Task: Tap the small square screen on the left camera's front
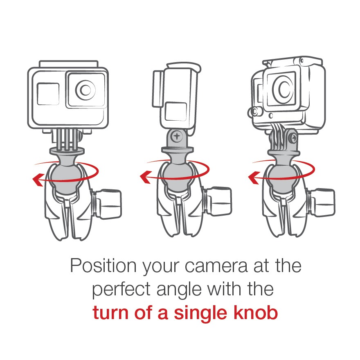(48, 94)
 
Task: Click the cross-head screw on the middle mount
(177, 136)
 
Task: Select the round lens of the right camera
(283, 88)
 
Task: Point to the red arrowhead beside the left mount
(38, 180)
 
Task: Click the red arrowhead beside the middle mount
(145, 177)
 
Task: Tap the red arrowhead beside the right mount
(254, 178)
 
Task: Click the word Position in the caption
(103, 266)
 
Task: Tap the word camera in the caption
(216, 266)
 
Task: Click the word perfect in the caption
(122, 290)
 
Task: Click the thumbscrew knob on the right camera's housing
(254, 112)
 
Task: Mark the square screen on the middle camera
(176, 112)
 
